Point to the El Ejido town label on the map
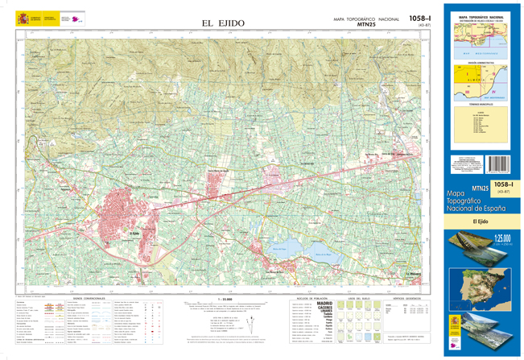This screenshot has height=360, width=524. click(x=136, y=234)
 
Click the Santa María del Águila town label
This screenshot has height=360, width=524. click(x=221, y=171)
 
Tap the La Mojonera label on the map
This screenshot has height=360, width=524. click(x=415, y=274)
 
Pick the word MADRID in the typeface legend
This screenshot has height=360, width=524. click(x=325, y=303)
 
